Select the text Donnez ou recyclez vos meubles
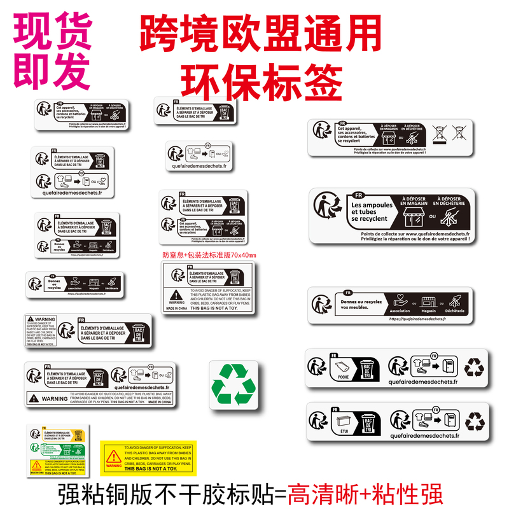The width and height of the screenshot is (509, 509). click(x=363, y=303)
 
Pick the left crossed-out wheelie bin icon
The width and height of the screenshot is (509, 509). click(x=439, y=133)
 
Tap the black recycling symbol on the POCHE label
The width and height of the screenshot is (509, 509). click(x=474, y=368)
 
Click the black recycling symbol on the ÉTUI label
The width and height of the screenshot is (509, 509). click(x=474, y=421)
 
